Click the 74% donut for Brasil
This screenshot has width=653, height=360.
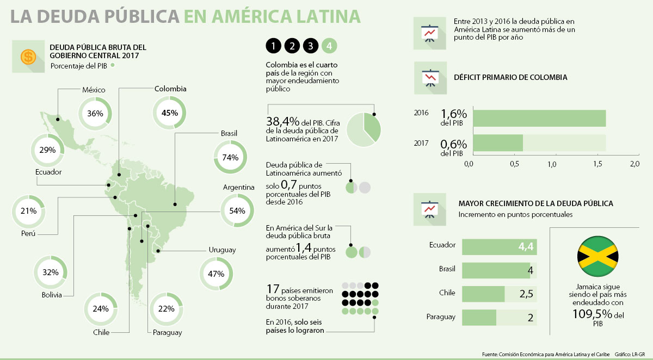tap(230, 158)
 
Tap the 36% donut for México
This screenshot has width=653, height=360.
tap(95, 114)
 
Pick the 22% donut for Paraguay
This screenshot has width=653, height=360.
tap(166, 309)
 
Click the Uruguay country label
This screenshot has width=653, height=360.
tap(222, 250)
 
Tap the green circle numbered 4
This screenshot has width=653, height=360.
tap(329, 46)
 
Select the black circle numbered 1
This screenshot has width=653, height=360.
tap(274, 46)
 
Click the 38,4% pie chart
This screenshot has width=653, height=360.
tap(364, 129)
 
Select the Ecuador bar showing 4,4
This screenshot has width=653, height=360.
tap(500, 247)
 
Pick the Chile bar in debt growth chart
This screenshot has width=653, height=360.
tap(483, 294)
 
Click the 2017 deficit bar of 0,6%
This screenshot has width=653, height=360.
tap(498, 143)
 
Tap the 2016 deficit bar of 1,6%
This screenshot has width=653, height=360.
tap(539, 118)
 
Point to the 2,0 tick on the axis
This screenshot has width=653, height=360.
tap(634, 164)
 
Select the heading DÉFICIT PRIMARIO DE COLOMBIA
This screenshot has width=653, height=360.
tap(510, 77)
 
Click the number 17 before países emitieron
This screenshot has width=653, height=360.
tap(272, 289)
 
